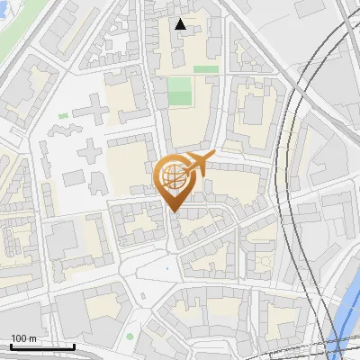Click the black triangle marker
point(181,24)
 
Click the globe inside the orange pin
point(173,176)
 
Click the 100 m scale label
point(23,338)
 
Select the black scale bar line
point(42,346)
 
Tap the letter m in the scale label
point(32,338)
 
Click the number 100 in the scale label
point(19,338)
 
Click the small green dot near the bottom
point(130,337)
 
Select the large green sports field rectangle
point(180,90)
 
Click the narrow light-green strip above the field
point(206,68)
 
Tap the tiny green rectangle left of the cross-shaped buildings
point(63,116)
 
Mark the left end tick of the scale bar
point(11,346)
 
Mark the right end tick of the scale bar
point(74,346)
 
